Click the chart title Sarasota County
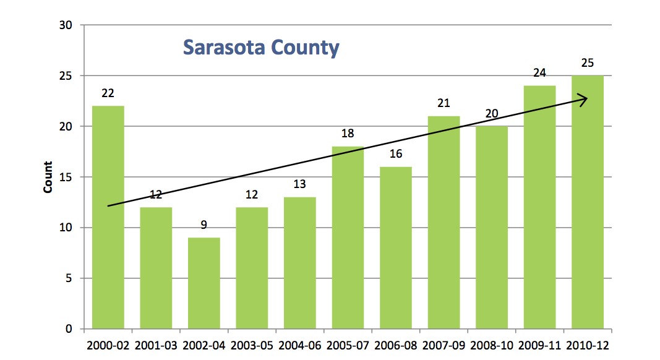[x=261, y=48]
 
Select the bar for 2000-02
[x=108, y=216]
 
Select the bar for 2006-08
[x=396, y=247]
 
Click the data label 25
[x=587, y=63]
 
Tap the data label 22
[x=108, y=93]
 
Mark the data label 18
[x=348, y=134]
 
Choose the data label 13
[x=299, y=184]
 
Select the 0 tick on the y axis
[x=69, y=328]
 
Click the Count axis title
[x=48, y=177]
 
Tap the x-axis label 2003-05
[x=252, y=346]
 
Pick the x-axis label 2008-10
[x=491, y=346]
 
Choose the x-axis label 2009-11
[x=539, y=346]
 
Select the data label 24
[x=539, y=73]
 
